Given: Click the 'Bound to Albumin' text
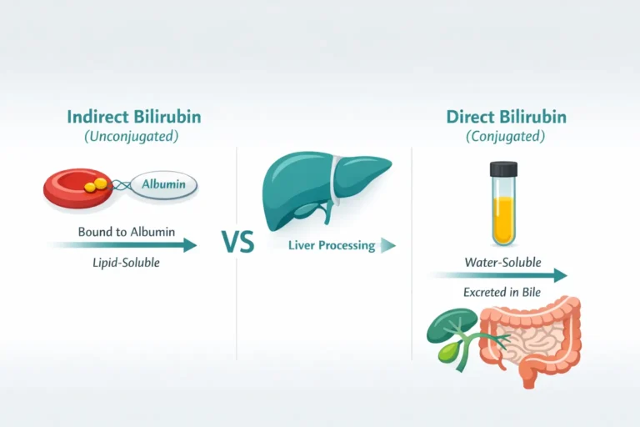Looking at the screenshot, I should point(127,231).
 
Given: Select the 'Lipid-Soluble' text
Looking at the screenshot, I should point(126,264).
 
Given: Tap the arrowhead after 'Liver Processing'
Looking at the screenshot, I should point(387,245).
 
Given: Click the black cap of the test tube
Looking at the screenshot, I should point(502,170).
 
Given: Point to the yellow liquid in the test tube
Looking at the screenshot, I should point(502,218).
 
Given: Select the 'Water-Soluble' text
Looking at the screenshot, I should point(502,263).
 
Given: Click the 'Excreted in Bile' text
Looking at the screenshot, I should point(502,293).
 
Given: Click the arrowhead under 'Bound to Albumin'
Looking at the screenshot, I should point(190,245).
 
